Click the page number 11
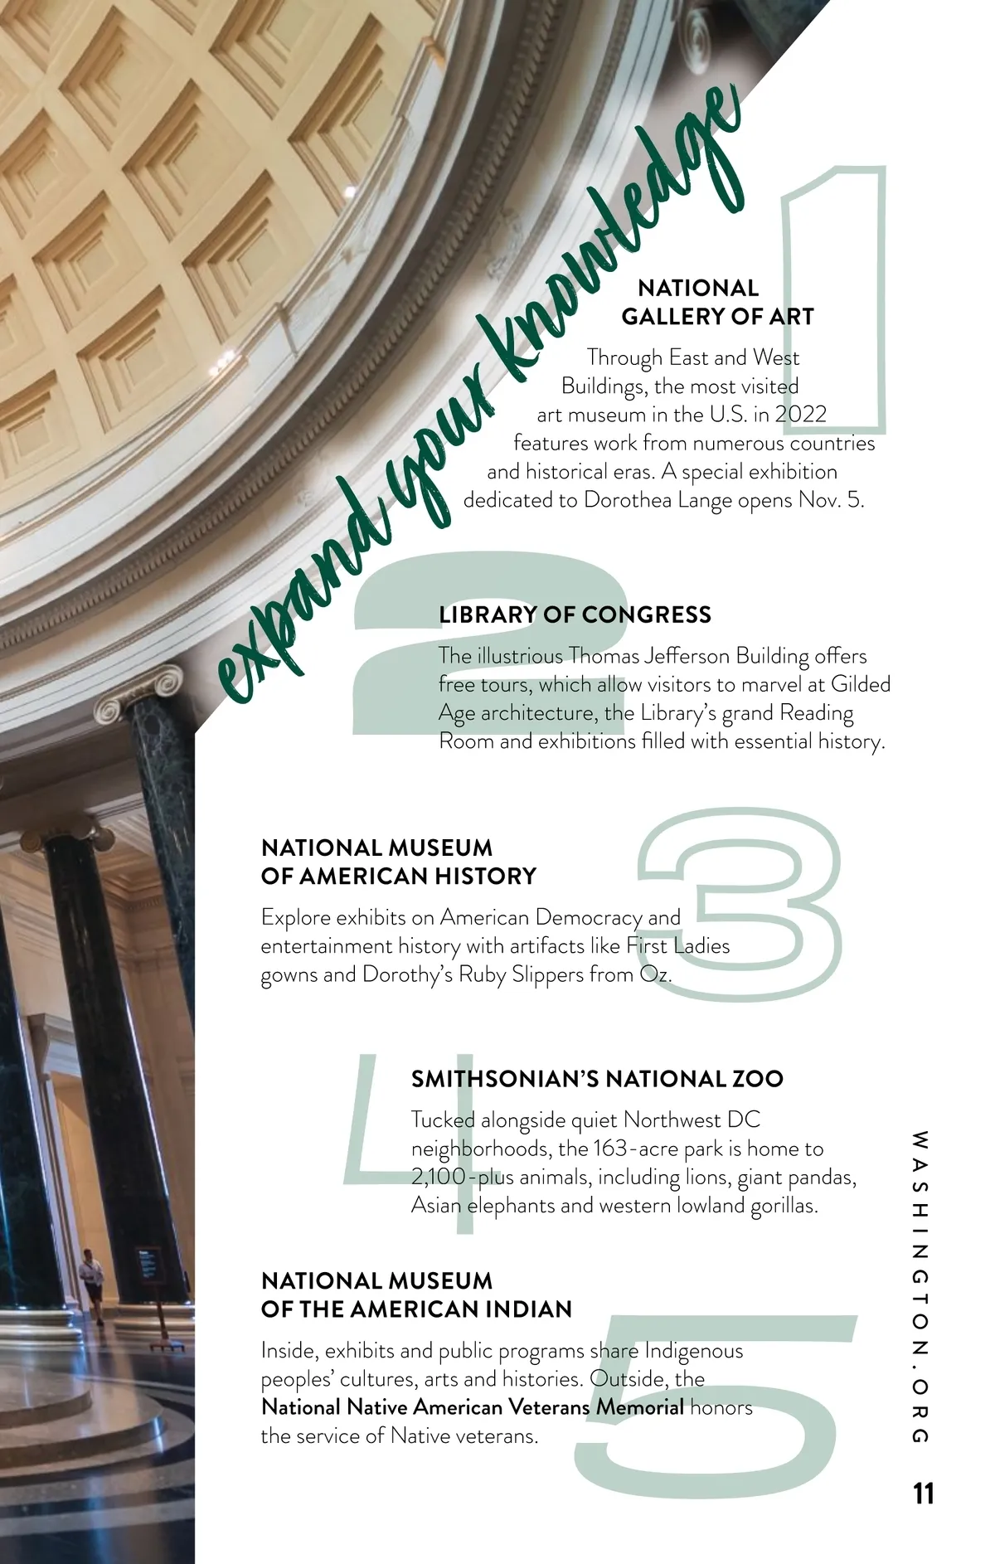coord(923,1494)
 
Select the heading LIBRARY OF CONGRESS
coord(575,614)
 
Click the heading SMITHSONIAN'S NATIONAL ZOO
coord(597,1079)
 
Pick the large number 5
coord(713,1401)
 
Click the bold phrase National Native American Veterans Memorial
coord(473,1407)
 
